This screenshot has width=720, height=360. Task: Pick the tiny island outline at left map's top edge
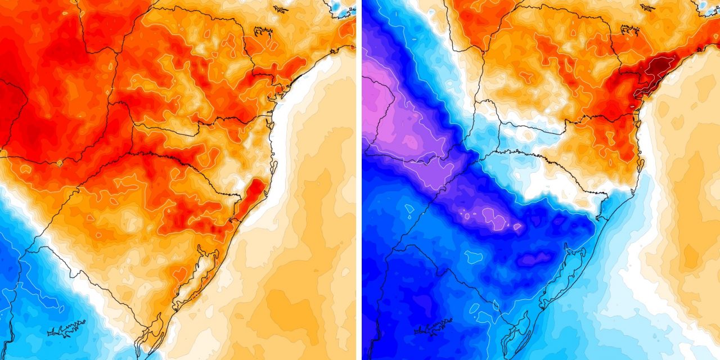(x=280, y=8)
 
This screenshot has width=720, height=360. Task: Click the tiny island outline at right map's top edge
(x=647, y=8)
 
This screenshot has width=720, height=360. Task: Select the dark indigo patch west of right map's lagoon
(x=534, y=259)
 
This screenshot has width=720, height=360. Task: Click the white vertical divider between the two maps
(x=359, y=180)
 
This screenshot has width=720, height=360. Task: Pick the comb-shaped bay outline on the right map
(x=629, y=31)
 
